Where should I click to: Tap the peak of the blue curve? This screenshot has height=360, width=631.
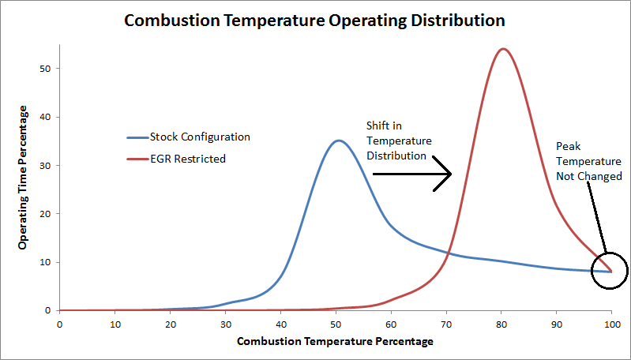coord(339,141)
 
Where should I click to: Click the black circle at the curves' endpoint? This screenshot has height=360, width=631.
coord(609,271)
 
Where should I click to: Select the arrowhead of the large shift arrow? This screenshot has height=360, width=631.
coord(444,174)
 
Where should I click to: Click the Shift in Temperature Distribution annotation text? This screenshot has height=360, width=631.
coord(399,141)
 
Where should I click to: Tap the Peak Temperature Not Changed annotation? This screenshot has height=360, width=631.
coord(588,161)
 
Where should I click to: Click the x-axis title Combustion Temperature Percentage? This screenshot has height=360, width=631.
coord(335,341)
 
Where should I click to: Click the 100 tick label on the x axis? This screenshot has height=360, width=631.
coord(610,322)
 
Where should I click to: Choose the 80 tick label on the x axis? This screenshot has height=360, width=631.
coord(501,322)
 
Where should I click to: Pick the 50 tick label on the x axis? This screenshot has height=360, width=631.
coord(335,322)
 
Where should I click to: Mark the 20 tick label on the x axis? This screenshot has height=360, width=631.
coord(170,322)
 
